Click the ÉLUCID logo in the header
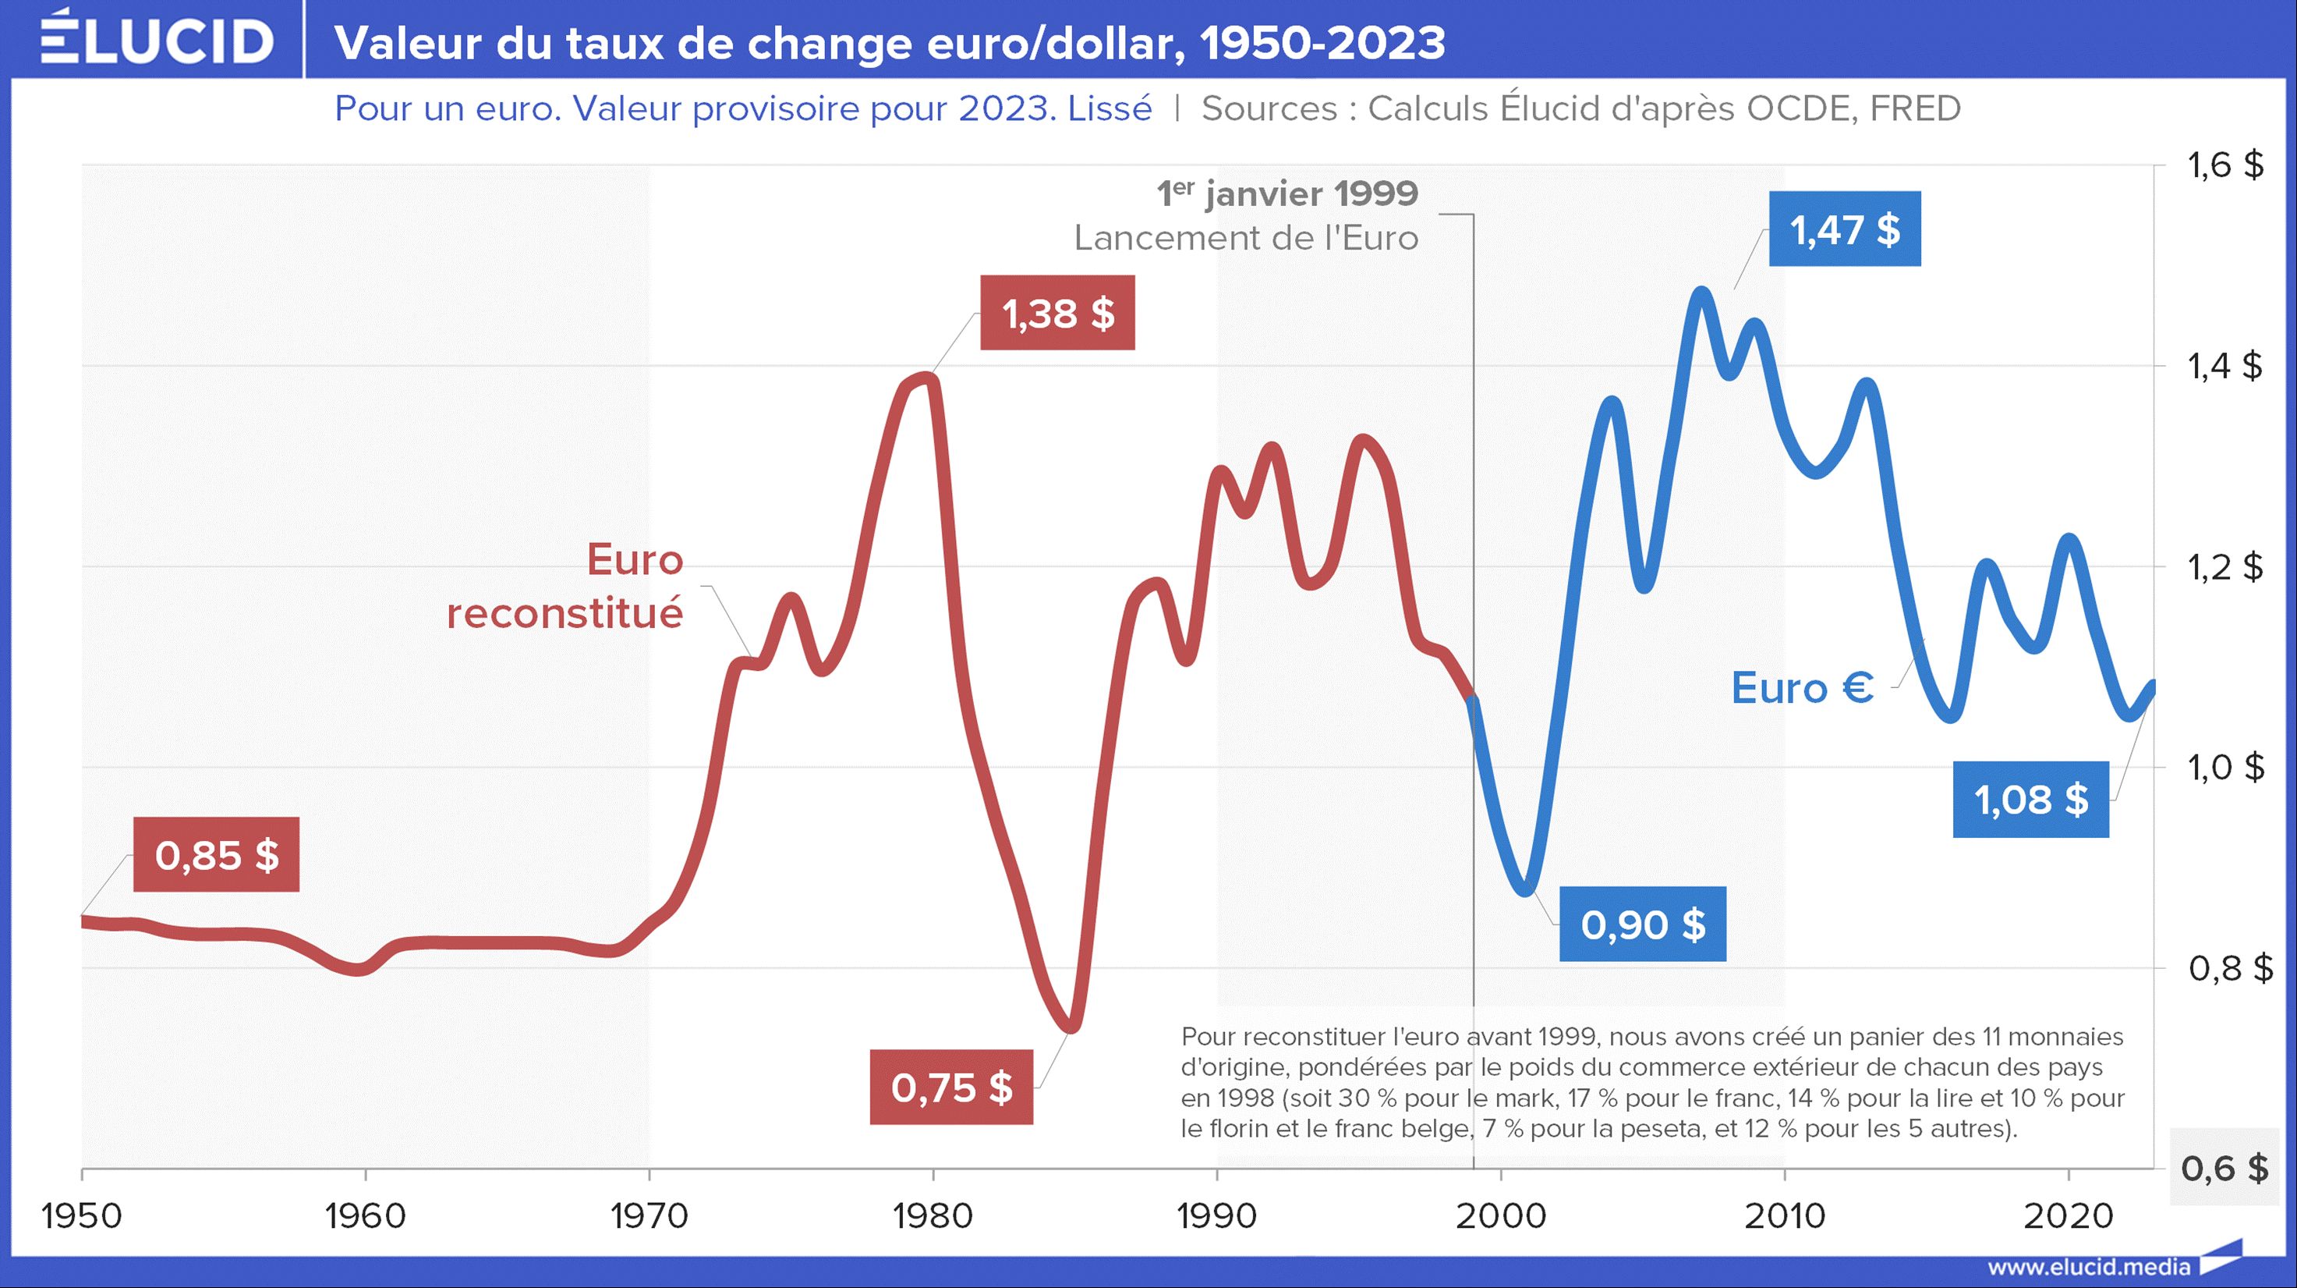pyautogui.click(x=157, y=40)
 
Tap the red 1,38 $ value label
pyautogui.click(x=1057, y=313)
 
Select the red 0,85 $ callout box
pyautogui.click(x=217, y=854)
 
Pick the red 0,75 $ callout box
pyautogui.click(x=951, y=1088)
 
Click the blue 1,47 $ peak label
pyautogui.click(x=1844, y=229)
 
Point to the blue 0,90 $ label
pyautogui.click(x=1643, y=924)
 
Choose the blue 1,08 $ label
pyautogui.click(x=2030, y=799)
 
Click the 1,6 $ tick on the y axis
pyautogui.click(x=2224, y=165)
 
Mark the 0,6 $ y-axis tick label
pyautogui.click(x=2224, y=1169)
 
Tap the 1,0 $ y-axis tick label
pyautogui.click(x=2224, y=767)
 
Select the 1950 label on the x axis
pyautogui.click(x=82, y=1215)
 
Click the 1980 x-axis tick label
pyautogui.click(x=933, y=1215)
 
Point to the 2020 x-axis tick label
pyautogui.click(x=2068, y=1215)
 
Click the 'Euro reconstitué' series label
pyautogui.click(x=565, y=587)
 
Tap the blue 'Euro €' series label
pyautogui.click(x=1802, y=688)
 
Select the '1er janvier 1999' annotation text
pyautogui.click(x=1287, y=193)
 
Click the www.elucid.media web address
pyautogui.click(x=2088, y=1267)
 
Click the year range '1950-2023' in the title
pyautogui.click(x=1322, y=43)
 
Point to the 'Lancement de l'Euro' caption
pyautogui.click(x=1246, y=238)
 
